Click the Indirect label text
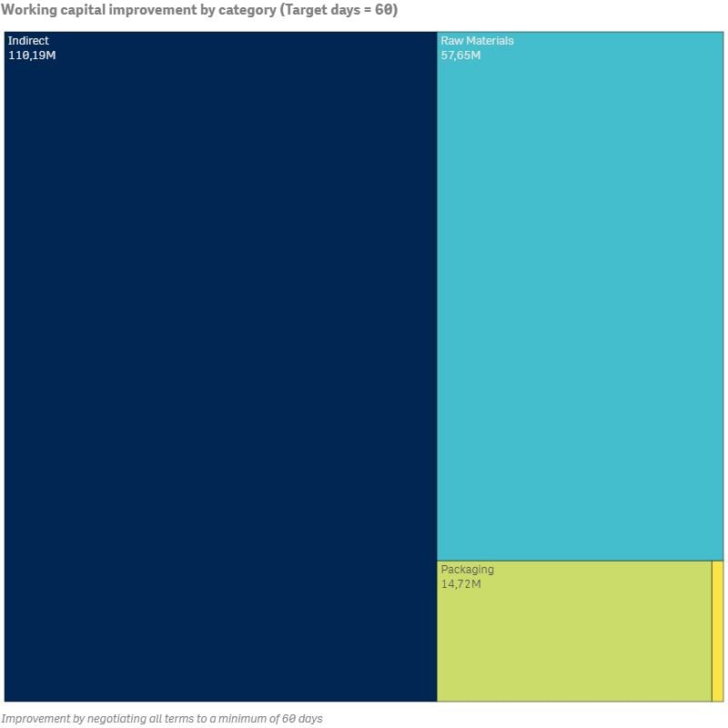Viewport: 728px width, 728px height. [x=28, y=41]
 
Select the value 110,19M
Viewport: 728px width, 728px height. [x=32, y=56]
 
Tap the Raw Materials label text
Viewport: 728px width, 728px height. [x=477, y=41]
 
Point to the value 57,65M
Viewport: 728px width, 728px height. [x=460, y=56]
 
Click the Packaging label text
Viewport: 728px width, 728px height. [x=467, y=570]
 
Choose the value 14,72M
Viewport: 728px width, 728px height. [x=460, y=584]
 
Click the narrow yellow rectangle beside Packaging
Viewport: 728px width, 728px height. [x=717, y=631]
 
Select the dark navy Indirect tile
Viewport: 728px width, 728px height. [x=220, y=364]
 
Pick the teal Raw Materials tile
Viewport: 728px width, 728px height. [x=580, y=300]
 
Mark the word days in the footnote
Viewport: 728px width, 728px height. [x=309, y=719]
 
